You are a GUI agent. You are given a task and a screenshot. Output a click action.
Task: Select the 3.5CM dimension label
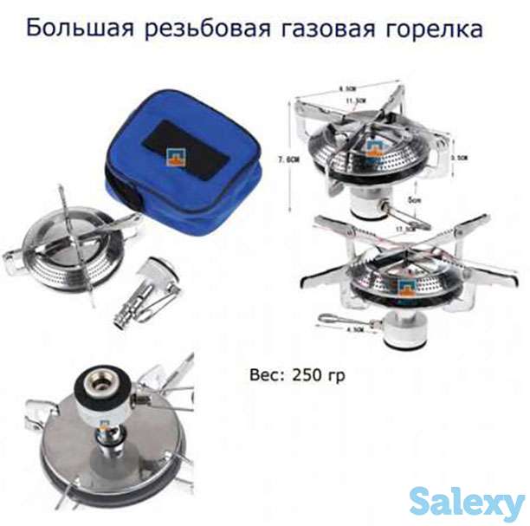[x=460, y=159]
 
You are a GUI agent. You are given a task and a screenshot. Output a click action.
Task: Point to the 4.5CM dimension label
[x=354, y=329]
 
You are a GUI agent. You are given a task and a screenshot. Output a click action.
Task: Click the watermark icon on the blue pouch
[x=171, y=157]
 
